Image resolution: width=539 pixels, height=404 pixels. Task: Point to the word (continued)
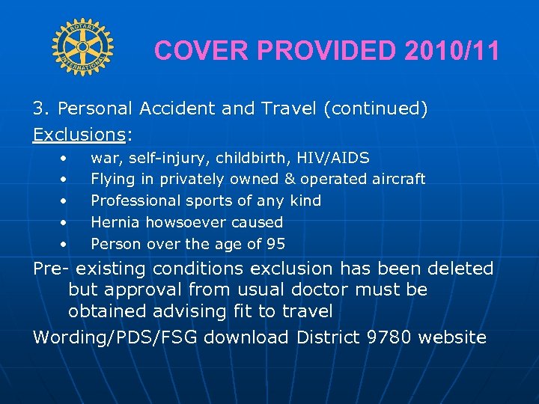tap(376, 109)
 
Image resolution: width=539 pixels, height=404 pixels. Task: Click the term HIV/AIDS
tap(333, 158)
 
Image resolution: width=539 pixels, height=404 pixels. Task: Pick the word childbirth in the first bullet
tap(255, 158)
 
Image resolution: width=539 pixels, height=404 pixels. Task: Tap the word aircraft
tap(398, 179)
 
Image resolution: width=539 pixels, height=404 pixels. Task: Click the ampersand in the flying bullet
tap(290, 179)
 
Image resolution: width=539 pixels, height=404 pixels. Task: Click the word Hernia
tap(115, 222)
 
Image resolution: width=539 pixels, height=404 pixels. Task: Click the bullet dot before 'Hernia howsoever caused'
tap(65, 222)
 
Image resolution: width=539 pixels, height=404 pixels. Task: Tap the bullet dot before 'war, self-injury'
tap(65, 158)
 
